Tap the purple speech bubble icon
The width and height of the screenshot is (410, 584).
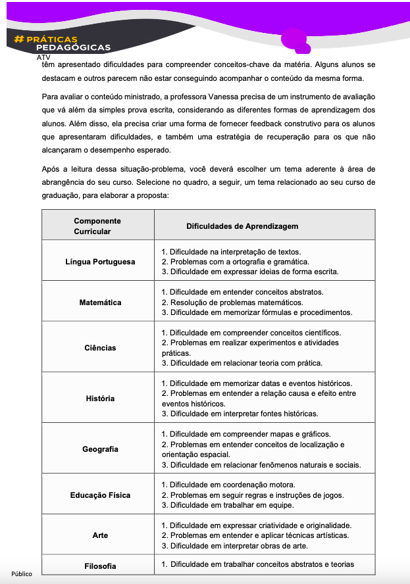point(296,41)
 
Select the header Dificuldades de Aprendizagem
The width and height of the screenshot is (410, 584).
point(242,226)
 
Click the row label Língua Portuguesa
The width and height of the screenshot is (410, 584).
point(100,262)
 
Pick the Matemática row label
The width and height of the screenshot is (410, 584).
point(100,303)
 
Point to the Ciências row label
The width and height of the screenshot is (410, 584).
point(100,348)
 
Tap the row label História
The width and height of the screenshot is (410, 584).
point(100,399)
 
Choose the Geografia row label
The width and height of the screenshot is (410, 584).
point(100,449)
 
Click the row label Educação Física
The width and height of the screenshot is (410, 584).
point(100,495)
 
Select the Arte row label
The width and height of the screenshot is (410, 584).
point(100,535)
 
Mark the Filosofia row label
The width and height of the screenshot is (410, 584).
point(100,566)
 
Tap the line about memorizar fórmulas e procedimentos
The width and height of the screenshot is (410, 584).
point(257,312)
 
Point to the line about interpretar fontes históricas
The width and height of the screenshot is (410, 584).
point(240,414)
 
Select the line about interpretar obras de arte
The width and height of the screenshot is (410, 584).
point(238,546)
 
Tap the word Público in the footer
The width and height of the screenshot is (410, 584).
point(21,574)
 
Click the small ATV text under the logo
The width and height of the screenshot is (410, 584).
point(43,57)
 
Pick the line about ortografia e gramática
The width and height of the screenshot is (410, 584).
point(235,262)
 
